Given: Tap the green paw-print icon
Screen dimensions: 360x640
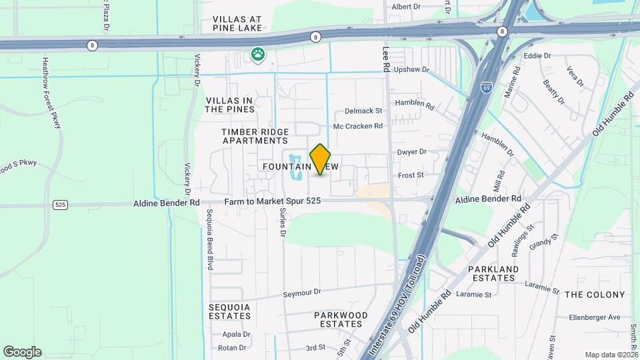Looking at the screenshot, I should click(257, 54).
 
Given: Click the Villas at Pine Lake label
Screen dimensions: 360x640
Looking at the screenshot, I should click(237, 24).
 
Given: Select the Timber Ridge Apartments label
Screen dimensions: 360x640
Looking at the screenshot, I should click(255, 136).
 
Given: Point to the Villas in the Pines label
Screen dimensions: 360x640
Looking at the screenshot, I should click(229, 105).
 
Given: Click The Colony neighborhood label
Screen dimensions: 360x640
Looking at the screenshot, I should click(595, 294).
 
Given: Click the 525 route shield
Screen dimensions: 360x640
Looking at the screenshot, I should click(61, 205).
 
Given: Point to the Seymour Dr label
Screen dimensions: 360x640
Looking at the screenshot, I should click(302, 292).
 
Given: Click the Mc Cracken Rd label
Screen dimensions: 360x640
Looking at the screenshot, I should click(358, 125).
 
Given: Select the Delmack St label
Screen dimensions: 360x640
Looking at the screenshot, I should click(363, 111).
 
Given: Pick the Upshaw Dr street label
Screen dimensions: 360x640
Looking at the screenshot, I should click(411, 69).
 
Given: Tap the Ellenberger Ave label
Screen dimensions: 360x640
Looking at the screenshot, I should click(595, 317).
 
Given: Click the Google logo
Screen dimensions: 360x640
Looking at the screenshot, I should click(22, 352).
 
